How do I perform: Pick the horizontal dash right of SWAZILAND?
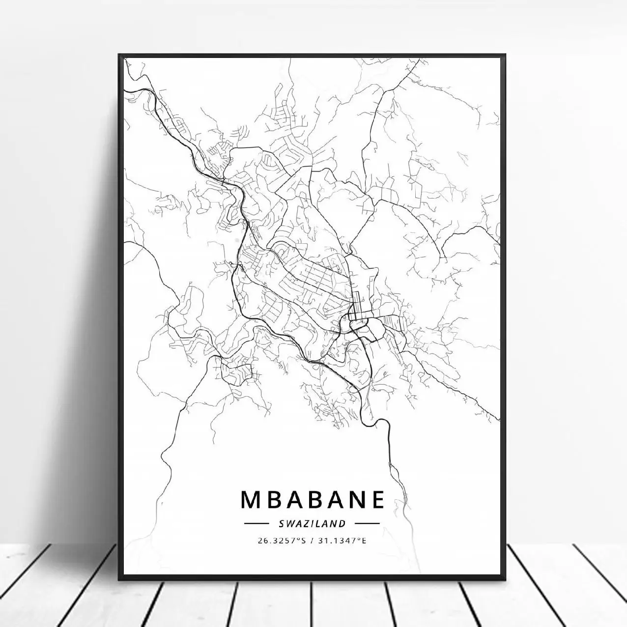click(x=367, y=524)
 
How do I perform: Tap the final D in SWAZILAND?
click(x=342, y=523)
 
